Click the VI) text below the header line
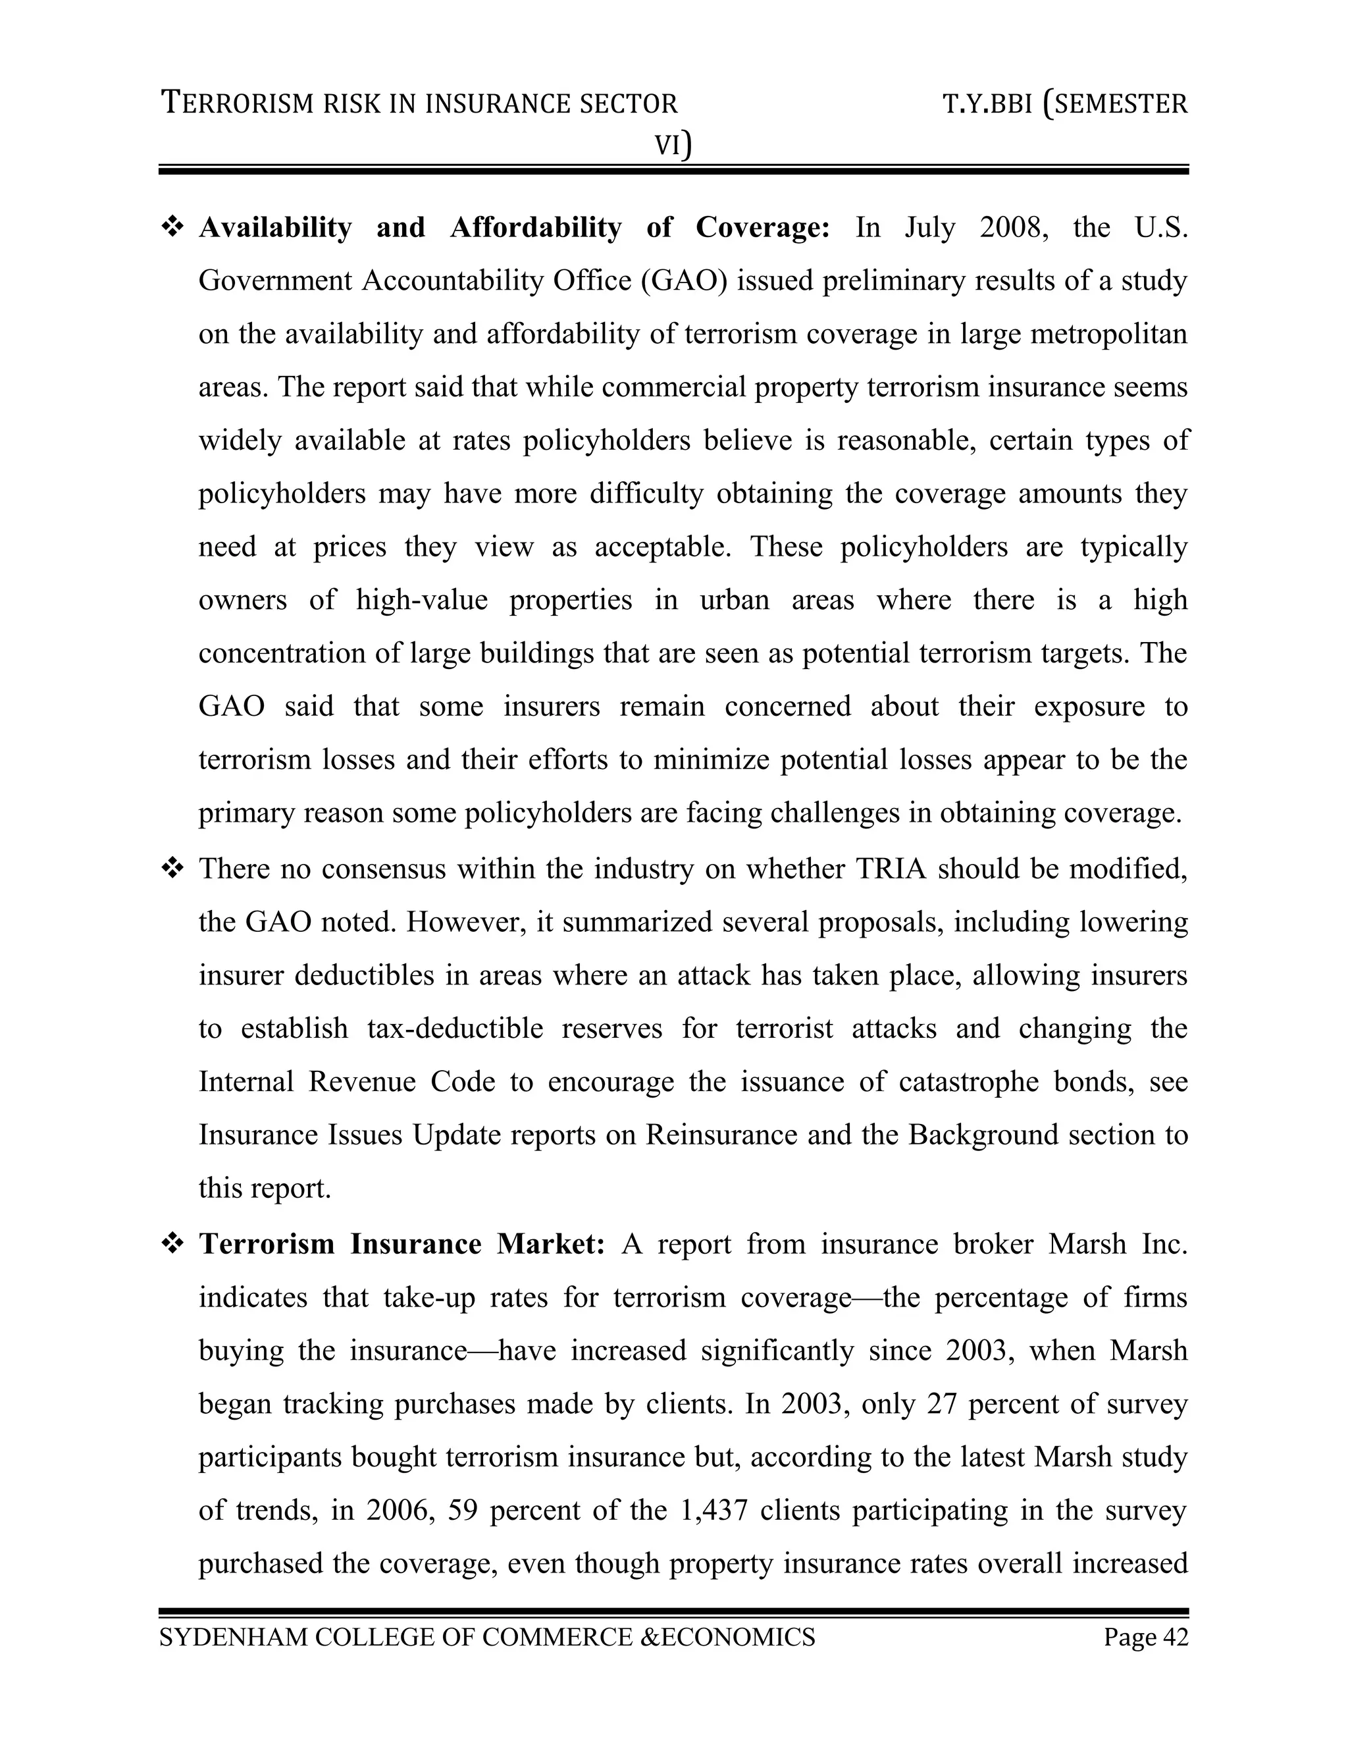click(673, 146)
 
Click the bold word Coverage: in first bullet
click(763, 228)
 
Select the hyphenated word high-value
click(422, 600)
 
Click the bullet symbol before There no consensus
click(172, 869)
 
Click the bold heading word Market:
click(550, 1244)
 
